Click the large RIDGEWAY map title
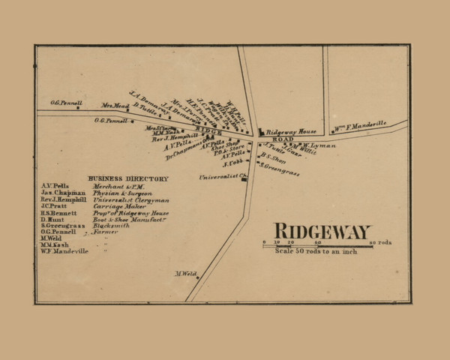[321, 231]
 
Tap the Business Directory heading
[128, 178]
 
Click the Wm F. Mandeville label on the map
[361, 123]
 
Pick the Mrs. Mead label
[115, 106]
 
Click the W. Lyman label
[319, 145]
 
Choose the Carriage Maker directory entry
[114, 206]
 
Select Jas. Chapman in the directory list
[60, 193]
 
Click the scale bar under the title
[317, 244]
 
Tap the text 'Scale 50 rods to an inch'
[316, 251]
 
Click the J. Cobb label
[232, 163]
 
